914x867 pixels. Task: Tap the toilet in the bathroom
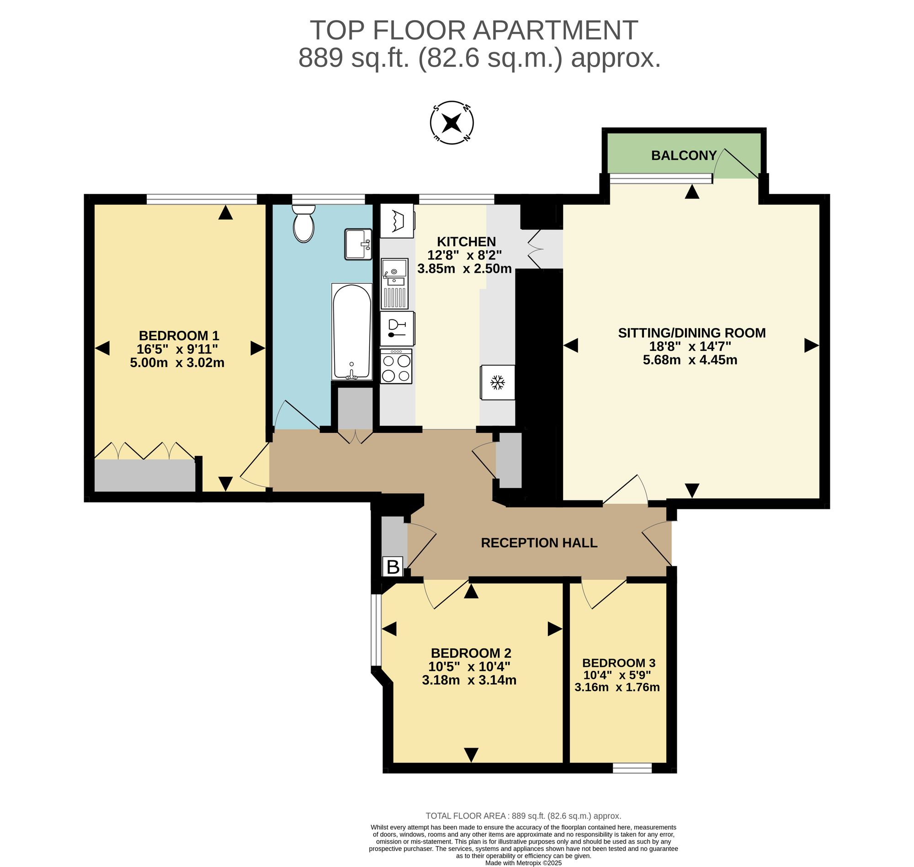303,223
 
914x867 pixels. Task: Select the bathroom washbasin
358,244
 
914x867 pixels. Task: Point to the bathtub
351,331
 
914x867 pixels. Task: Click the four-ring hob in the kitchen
396,366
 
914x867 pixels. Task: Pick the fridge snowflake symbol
497,382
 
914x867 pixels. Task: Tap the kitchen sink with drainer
394,283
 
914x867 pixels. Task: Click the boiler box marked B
393,567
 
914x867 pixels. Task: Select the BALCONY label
684,155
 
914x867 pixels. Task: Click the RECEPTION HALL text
539,543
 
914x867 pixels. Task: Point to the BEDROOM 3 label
619,663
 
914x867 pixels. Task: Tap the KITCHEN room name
466,242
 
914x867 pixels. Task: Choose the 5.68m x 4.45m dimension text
690,360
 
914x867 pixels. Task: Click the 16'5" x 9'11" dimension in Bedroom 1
177,349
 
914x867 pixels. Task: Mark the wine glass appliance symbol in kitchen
397,329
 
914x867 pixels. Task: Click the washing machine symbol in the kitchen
397,221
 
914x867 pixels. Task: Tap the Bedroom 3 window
632,768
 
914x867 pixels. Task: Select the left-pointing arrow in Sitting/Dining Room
571,345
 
